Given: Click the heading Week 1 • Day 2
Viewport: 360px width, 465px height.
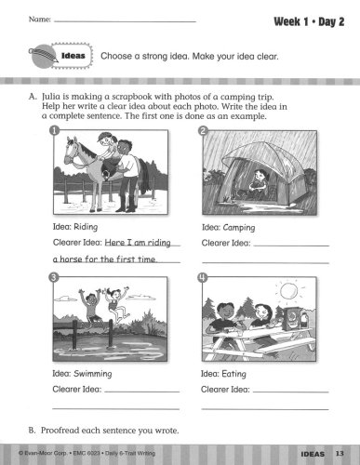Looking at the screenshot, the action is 309,22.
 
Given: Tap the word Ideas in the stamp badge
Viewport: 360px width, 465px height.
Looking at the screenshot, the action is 73,56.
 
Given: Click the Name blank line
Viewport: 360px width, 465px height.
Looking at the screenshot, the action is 125,21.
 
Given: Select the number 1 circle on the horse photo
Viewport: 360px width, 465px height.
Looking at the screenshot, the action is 54,130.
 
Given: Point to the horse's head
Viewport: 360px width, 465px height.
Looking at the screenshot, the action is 72,152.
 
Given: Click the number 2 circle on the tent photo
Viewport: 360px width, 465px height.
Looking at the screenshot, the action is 203,131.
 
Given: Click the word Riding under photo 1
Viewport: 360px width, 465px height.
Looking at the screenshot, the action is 87,227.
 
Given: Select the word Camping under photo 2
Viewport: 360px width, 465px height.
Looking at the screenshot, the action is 239,228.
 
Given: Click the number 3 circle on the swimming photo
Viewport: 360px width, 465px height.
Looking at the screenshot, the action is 54,277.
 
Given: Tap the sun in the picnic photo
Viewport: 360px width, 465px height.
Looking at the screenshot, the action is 288,291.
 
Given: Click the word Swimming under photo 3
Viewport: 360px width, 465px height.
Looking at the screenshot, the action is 93,374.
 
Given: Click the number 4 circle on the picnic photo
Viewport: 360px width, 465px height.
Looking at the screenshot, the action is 202,277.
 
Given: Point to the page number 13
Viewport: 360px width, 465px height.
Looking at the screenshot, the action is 340,453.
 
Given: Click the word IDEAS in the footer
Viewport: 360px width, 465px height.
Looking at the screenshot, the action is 313,454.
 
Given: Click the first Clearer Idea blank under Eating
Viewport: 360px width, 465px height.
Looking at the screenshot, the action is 291,392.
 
